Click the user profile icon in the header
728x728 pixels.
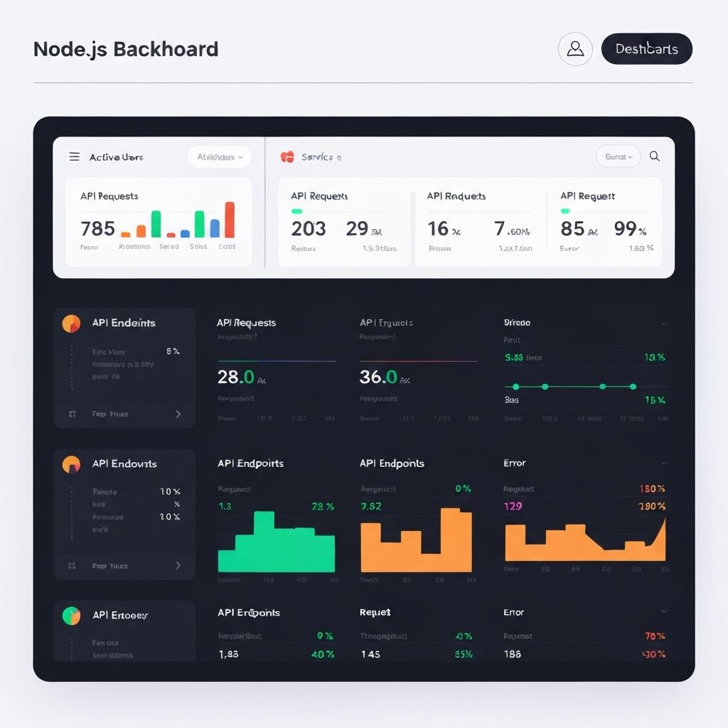pyautogui.click(x=575, y=49)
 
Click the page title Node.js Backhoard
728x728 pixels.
pyautogui.click(x=126, y=49)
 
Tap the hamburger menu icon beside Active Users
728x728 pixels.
pyautogui.click(x=74, y=156)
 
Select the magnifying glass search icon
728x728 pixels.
pyautogui.click(x=655, y=156)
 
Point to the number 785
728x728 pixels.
pyautogui.click(x=97, y=228)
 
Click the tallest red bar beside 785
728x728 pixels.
pyautogui.click(x=230, y=220)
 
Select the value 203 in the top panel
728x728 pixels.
pyautogui.click(x=309, y=228)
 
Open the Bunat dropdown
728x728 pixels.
pyautogui.click(x=617, y=156)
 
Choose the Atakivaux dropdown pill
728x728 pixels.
pyautogui.click(x=219, y=157)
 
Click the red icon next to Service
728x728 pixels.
pyautogui.click(x=287, y=156)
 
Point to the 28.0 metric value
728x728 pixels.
pyautogui.click(x=235, y=377)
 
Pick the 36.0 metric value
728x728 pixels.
pyautogui.click(x=378, y=377)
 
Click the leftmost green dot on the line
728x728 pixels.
pyautogui.click(x=516, y=386)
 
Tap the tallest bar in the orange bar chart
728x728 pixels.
pyautogui.click(x=456, y=540)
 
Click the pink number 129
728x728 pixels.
pyautogui.click(x=513, y=506)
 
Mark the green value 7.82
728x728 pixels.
pyautogui.click(x=371, y=506)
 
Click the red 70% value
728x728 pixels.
pyautogui.click(x=654, y=636)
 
